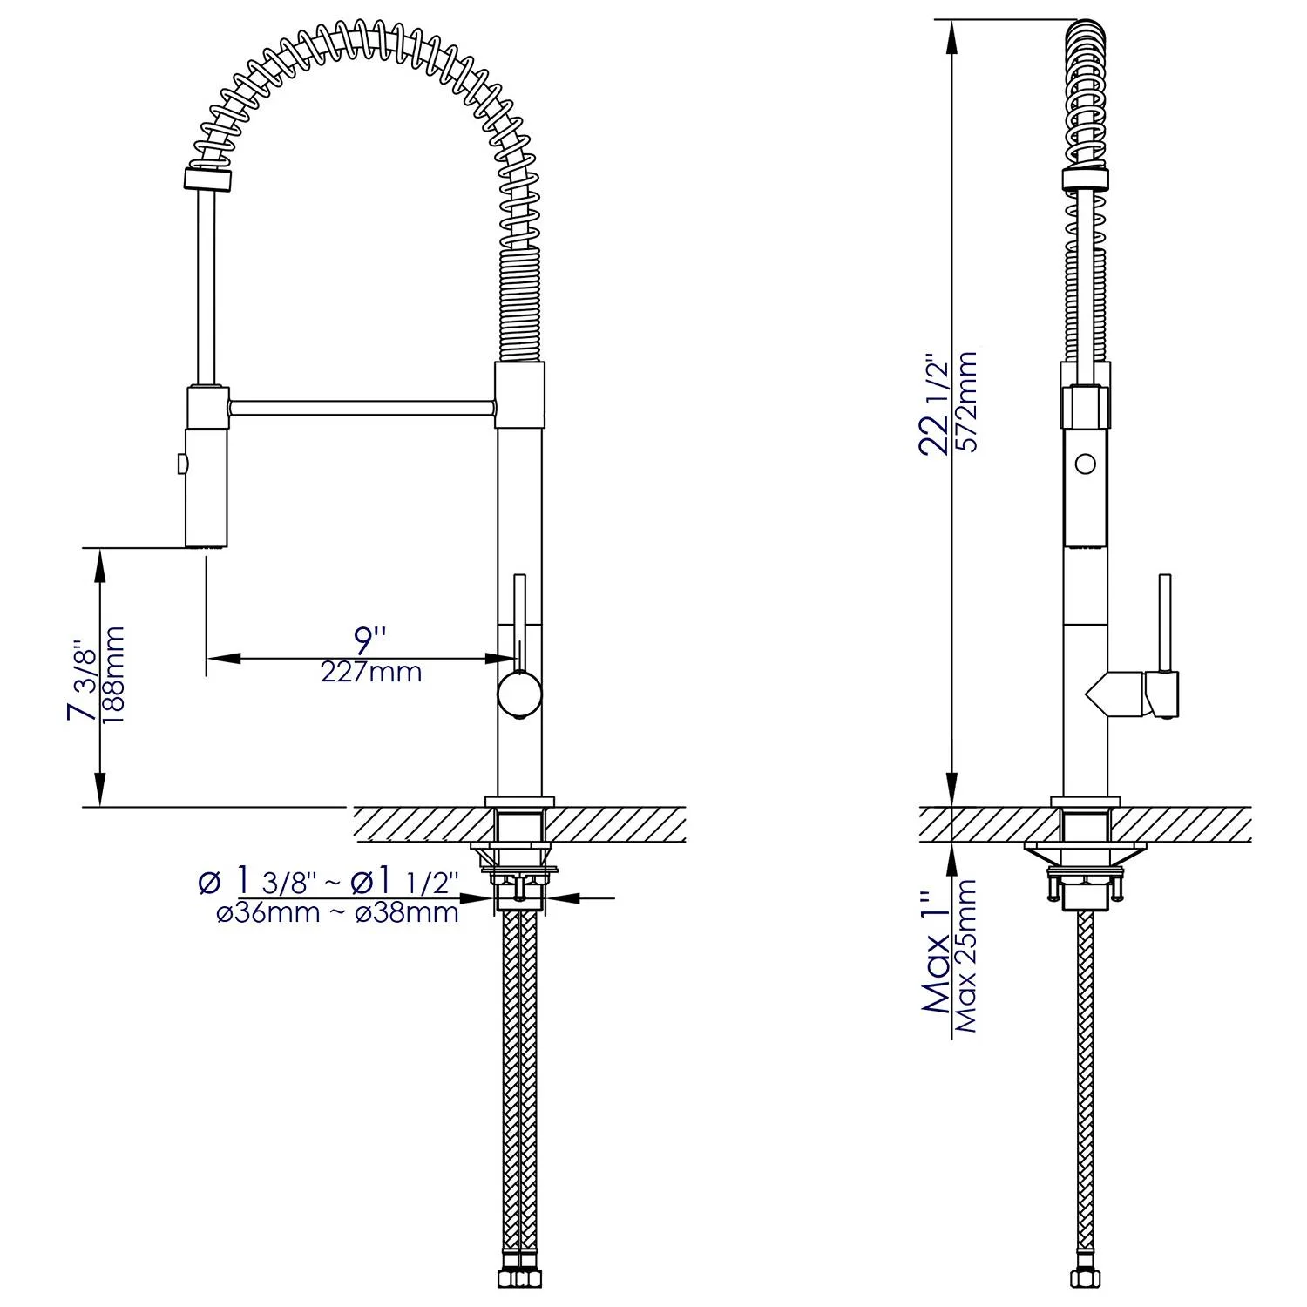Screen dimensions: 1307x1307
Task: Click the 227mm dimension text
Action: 371,672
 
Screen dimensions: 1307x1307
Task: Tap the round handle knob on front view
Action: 520,695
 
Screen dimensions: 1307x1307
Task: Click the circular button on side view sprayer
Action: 1085,464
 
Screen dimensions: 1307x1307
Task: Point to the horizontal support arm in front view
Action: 362,407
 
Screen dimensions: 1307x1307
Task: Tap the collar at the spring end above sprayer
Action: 208,179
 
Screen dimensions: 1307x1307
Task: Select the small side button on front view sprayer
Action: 181,464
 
